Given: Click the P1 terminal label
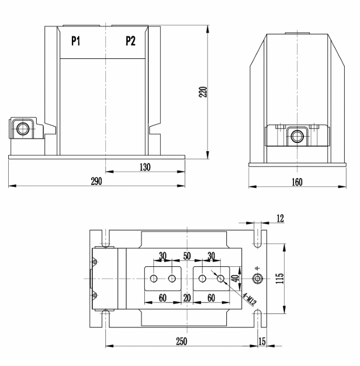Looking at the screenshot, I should click(x=75, y=41).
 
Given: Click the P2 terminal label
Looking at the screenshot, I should click(x=130, y=41).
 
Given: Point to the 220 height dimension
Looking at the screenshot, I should click(x=203, y=92).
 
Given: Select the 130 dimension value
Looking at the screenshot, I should click(x=145, y=167).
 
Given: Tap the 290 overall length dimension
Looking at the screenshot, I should click(x=97, y=182).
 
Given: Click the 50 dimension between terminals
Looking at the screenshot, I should click(x=186, y=256).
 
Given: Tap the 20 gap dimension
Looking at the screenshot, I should click(x=186, y=298).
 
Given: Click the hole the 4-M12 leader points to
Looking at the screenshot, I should click(x=220, y=279).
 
